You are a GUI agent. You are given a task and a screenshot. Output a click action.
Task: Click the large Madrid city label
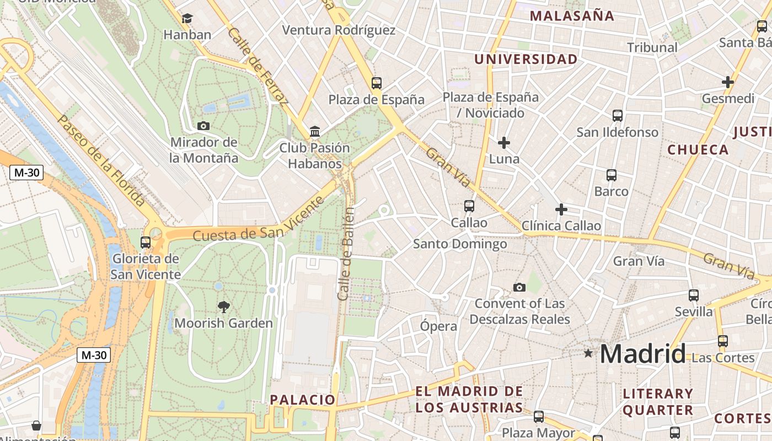click(643, 353)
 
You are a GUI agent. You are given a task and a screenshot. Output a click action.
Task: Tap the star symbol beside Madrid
click(588, 353)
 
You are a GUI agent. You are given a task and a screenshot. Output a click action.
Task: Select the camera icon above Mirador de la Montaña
click(203, 126)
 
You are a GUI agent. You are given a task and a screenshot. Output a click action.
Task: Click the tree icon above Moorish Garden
click(223, 306)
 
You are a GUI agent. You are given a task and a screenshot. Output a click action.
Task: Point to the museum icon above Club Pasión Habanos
click(315, 131)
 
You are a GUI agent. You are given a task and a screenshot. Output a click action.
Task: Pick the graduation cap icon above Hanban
click(187, 19)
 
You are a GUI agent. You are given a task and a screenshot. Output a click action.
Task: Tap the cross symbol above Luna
click(503, 143)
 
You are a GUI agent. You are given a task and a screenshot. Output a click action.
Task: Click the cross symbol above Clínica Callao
click(561, 209)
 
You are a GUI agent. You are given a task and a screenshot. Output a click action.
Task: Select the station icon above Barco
click(611, 175)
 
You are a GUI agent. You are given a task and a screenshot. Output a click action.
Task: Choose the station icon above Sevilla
click(694, 295)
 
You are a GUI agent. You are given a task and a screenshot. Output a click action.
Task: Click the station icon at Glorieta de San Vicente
click(146, 242)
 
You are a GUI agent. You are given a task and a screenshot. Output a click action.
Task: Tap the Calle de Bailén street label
click(346, 254)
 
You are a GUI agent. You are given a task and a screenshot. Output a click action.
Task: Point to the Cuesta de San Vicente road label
click(258, 220)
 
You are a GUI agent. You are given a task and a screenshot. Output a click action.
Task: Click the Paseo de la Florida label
click(101, 160)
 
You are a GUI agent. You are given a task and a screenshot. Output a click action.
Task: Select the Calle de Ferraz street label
click(258, 66)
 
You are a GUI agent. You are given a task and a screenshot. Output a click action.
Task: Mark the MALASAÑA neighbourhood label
click(572, 15)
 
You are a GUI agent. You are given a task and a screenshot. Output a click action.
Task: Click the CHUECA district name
click(698, 149)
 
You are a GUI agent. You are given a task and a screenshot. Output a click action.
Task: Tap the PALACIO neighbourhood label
click(302, 400)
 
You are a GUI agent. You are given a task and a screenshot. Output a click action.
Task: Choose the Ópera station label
click(438, 326)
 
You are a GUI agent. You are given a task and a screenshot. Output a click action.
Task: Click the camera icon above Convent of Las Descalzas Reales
click(519, 287)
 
